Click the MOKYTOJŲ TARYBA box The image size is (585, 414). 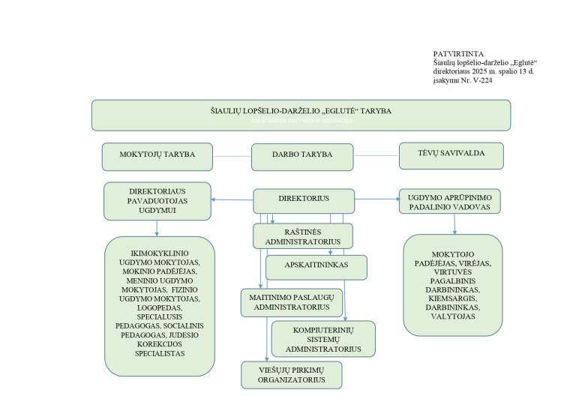(157, 156)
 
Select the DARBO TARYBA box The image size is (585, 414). (302, 157)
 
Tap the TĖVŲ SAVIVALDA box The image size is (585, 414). (451, 155)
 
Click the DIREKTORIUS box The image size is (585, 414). (304, 200)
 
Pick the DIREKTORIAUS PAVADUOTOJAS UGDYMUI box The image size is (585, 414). (157, 201)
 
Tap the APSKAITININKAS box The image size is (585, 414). (316, 266)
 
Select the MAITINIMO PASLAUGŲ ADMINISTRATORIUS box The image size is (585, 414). (292, 301)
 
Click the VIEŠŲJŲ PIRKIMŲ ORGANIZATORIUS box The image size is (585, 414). (292, 374)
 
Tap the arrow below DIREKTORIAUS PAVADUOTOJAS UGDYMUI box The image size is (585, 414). (157, 228)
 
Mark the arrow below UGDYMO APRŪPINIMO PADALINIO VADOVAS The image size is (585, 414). (454, 224)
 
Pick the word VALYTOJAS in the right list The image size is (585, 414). (453, 316)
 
